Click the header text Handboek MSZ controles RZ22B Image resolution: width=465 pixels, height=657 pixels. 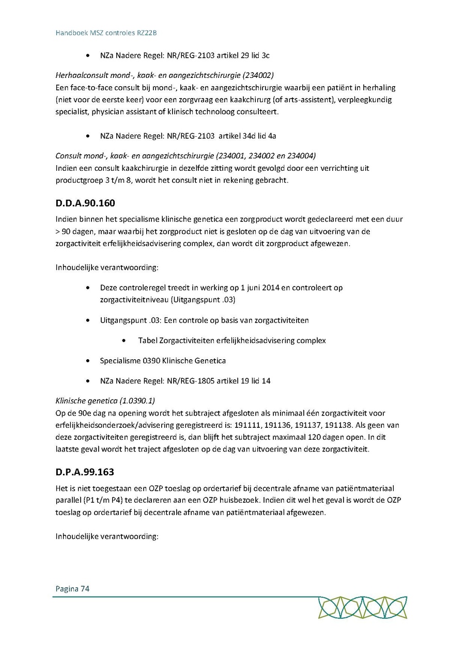(106, 33)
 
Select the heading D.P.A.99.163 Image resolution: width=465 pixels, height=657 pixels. (85, 472)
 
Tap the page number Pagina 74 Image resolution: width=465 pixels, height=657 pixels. (72, 588)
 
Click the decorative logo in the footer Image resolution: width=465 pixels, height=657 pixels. (362, 608)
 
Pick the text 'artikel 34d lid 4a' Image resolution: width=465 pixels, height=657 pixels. (246, 136)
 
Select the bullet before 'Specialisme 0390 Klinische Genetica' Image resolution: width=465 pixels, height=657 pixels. (89, 361)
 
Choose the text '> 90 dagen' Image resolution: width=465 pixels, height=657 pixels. (74, 231)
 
